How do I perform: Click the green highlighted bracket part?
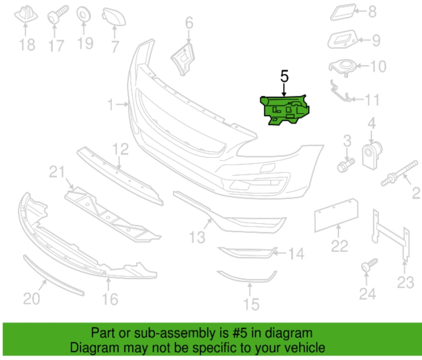point(285,110)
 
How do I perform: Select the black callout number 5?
point(284,76)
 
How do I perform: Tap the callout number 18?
point(27,45)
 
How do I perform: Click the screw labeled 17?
point(58,14)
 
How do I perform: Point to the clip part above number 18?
point(26,14)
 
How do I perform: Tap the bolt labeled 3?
point(346,165)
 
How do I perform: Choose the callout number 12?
point(121,149)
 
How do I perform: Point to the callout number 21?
point(57,172)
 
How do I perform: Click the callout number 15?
point(251,304)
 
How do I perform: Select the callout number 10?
point(378,66)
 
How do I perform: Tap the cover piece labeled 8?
point(343,12)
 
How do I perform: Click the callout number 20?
point(32,299)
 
